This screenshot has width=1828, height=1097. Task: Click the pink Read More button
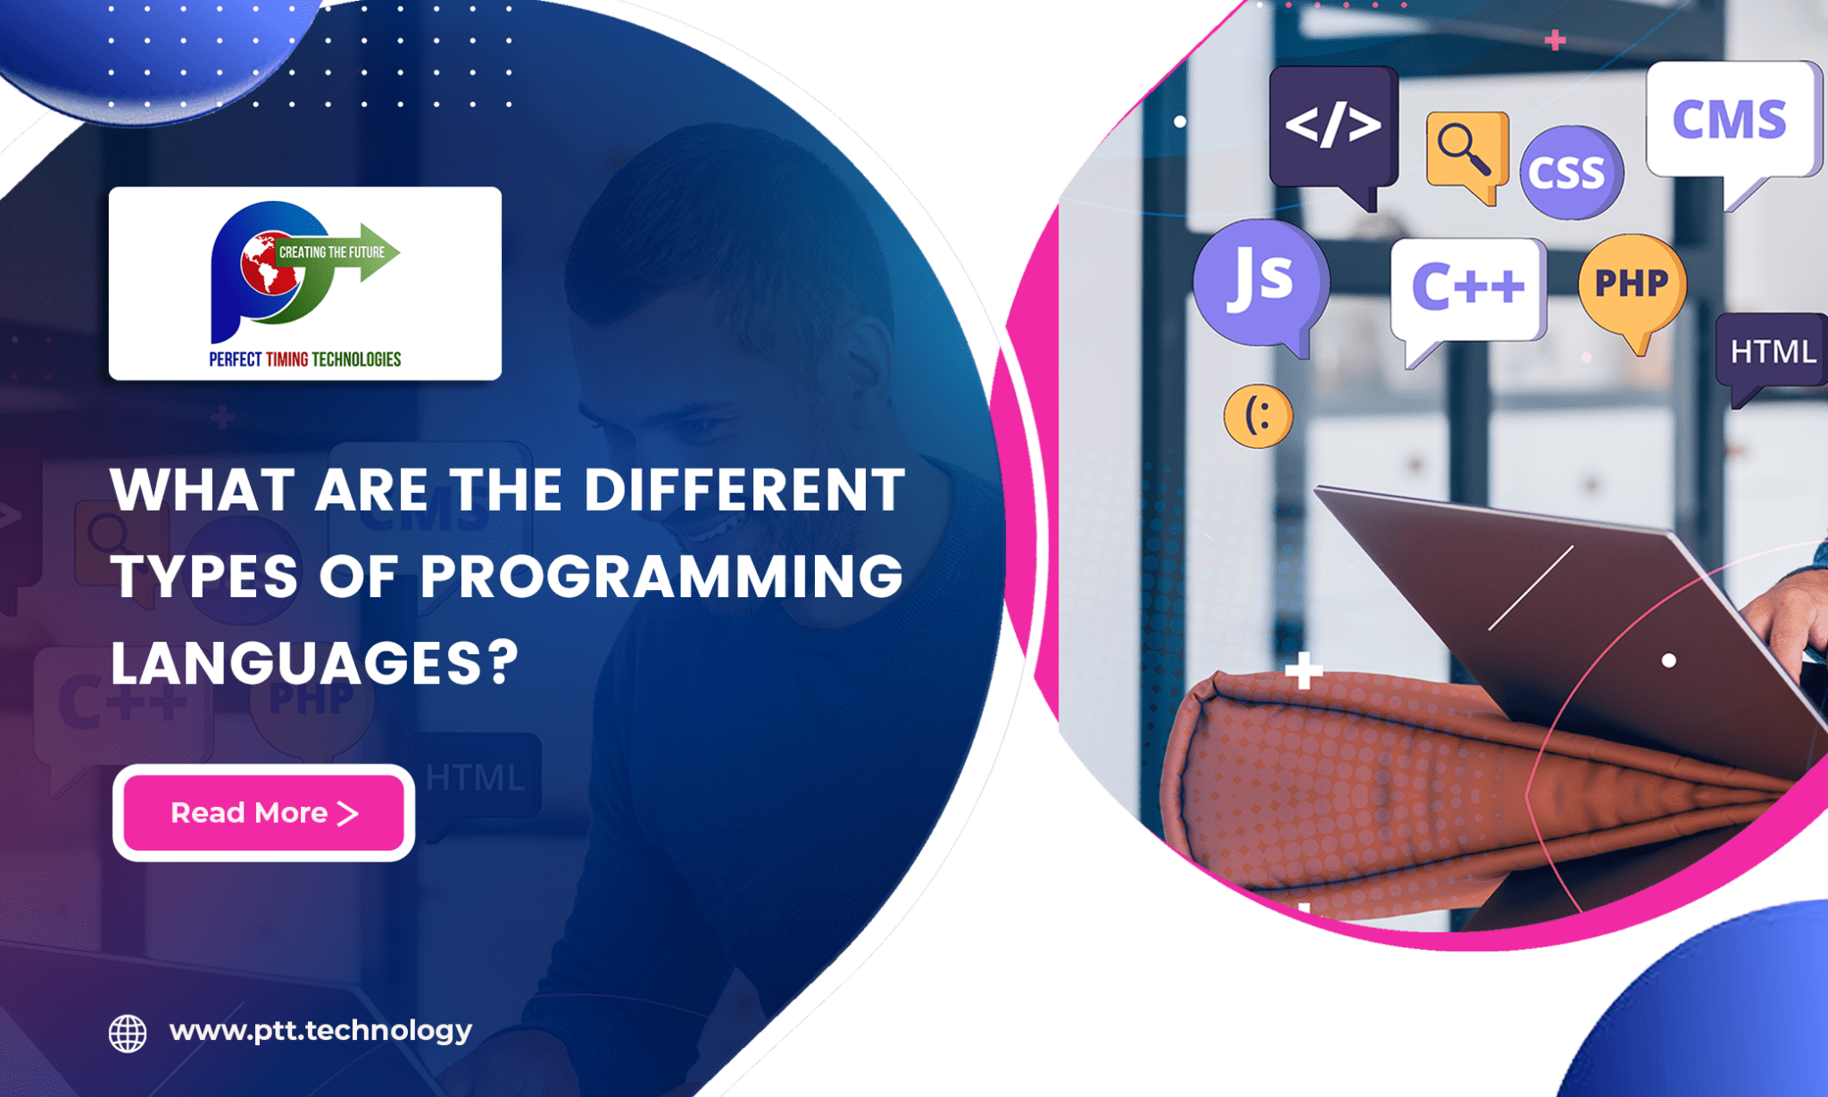tap(263, 812)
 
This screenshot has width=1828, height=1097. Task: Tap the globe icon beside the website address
tap(128, 1033)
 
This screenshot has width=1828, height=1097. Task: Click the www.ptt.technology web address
tap(320, 1031)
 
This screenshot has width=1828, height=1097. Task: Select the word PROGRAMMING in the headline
tap(661, 577)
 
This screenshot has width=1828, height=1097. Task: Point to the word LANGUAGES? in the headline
tap(314, 663)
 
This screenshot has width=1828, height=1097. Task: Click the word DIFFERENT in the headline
tap(744, 490)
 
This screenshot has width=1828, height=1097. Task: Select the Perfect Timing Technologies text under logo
tap(305, 360)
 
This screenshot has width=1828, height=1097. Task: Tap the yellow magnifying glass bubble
tap(1466, 151)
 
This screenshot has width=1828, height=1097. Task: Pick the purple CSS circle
tap(1570, 172)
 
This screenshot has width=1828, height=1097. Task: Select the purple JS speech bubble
tap(1260, 281)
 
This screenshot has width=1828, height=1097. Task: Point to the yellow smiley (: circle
tap(1258, 416)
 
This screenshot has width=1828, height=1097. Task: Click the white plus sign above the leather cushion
tap(1304, 670)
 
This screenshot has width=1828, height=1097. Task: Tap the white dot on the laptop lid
tap(1669, 661)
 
